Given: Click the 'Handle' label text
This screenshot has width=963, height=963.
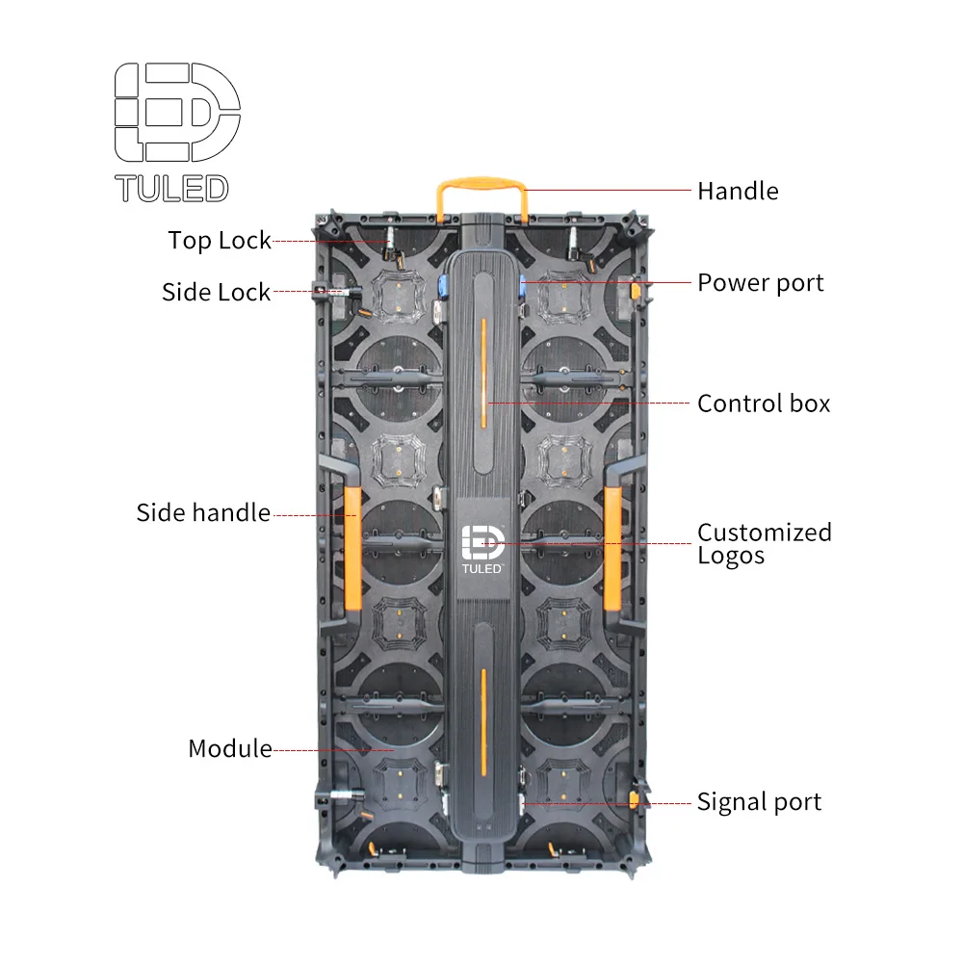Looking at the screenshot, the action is (x=737, y=191).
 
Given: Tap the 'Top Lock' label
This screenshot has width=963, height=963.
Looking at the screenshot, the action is (x=220, y=240).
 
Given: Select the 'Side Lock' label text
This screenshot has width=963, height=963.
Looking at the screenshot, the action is (x=216, y=292).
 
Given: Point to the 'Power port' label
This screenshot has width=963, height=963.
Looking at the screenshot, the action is (x=760, y=283).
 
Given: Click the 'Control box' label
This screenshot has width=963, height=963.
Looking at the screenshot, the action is (x=763, y=403).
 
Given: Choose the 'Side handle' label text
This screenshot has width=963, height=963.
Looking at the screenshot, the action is (x=203, y=512).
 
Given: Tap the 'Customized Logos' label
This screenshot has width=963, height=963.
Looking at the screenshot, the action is (x=764, y=544).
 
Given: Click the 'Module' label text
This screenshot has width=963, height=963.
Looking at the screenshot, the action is (x=229, y=748).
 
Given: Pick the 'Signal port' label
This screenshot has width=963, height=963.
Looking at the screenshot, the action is (x=759, y=801).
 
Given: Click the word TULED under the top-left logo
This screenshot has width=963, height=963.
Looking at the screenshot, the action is (x=171, y=188).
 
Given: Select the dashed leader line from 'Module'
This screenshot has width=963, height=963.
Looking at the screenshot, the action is (x=332, y=749).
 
